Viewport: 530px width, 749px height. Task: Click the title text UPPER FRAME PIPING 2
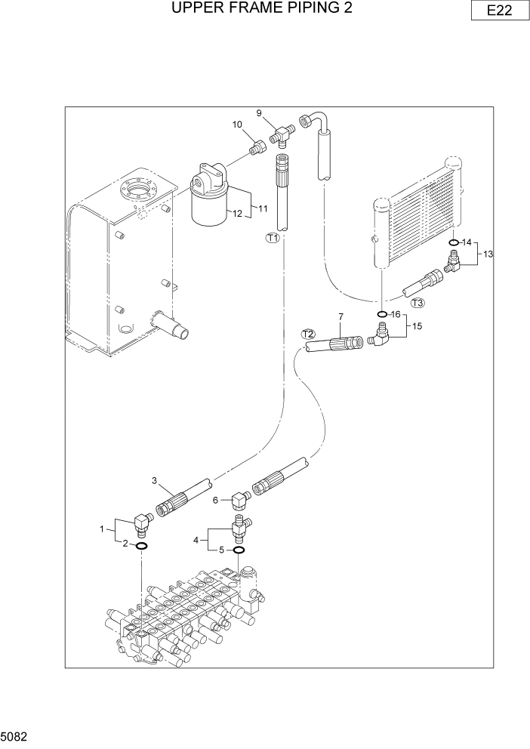pos(262,8)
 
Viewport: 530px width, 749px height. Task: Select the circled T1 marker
pos(273,238)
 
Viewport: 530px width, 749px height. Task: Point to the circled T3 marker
pos(418,303)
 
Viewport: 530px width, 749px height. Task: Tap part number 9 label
pos(258,113)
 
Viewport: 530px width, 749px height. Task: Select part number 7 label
pos(340,316)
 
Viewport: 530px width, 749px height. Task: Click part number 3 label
pos(154,480)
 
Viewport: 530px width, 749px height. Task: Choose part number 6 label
pos(216,500)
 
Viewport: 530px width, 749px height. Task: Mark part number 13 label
pos(488,254)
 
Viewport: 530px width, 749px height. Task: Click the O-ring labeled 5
pos(239,550)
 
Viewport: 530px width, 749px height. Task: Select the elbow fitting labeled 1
pos(141,522)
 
